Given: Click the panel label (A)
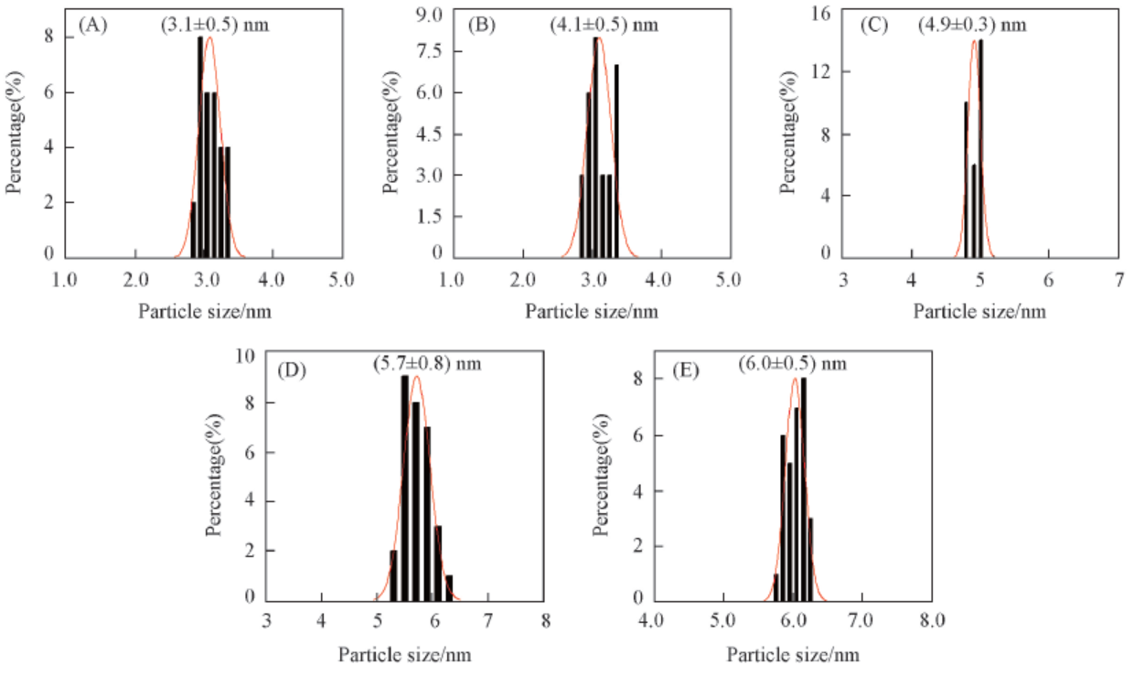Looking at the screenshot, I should (x=93, y=26).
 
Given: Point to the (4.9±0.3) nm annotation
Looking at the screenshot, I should (x=972, y=26).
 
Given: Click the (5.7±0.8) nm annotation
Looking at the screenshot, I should (x=426, y=364).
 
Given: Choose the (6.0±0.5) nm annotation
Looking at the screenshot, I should (x=793, y=363).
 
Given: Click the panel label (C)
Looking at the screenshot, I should (x=875, y=26).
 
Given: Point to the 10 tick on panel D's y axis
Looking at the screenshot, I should (x=244, y=355).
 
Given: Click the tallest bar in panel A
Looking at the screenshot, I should (x=200, y=146).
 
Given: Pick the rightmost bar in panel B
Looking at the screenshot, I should (x=616, y=160).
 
